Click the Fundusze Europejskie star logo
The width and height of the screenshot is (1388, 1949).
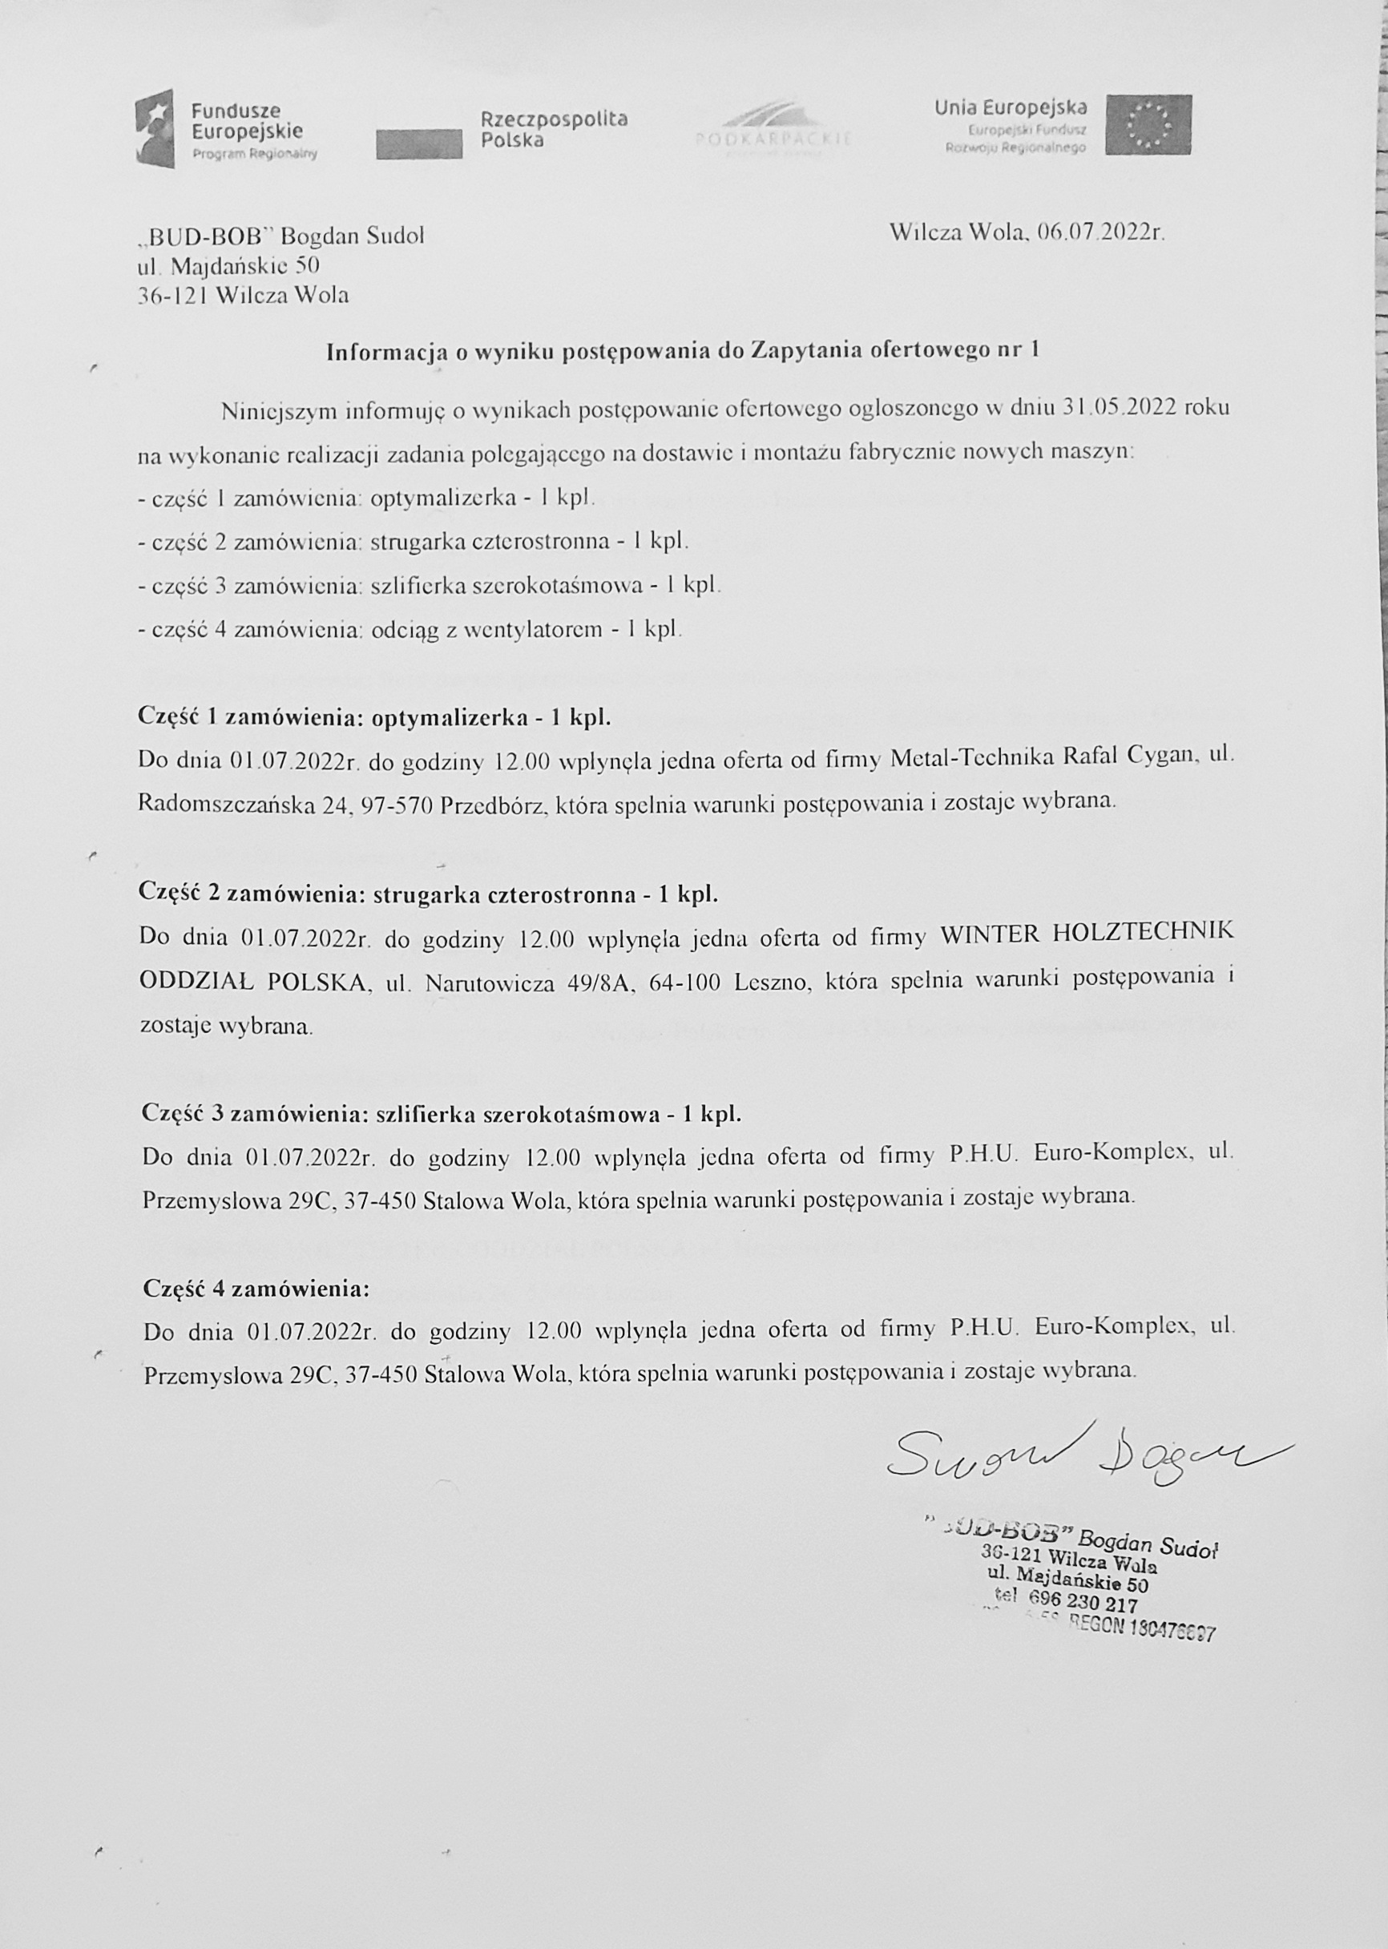click(155, 128)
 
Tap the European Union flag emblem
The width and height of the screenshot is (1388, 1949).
click(1148, 125)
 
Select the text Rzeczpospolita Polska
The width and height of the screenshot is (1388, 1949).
click(553, 129)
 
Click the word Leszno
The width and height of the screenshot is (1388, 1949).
click(773, 981)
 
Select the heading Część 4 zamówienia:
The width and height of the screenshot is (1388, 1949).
click(256, 1288)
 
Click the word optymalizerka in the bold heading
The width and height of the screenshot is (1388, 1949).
click(449, 717)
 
